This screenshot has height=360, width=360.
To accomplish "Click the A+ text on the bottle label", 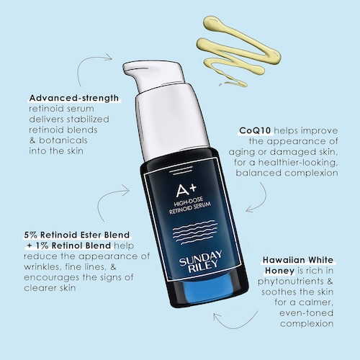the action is [186, 190].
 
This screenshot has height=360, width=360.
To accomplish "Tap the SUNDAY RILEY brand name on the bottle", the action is [201, 261].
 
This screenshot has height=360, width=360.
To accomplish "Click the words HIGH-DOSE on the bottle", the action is [189, 202].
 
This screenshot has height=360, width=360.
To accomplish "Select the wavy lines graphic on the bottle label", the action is [195, 232].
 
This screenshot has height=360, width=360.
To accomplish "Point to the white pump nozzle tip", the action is [126, 69].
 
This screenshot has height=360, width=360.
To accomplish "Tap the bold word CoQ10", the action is [255, 130].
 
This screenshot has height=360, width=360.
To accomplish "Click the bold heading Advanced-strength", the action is [74, 98].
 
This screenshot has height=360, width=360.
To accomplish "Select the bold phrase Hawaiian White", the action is [298, 260].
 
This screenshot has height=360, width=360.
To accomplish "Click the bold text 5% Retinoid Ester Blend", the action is [77, 235].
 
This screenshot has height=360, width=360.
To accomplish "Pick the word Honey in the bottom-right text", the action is [279, 271].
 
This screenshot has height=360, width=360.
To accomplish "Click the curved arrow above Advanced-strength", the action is [86, 63].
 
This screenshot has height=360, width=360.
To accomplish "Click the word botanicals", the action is [63, 140].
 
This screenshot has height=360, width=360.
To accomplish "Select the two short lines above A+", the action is [180, 172].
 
